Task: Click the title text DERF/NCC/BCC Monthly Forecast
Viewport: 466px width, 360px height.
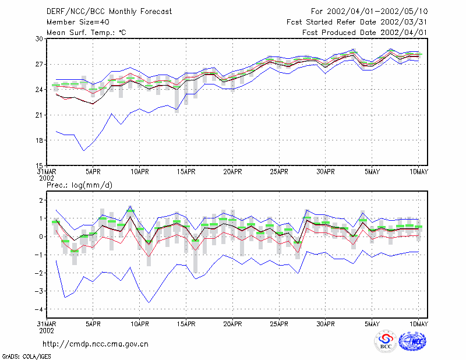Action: click(x=109, y=12)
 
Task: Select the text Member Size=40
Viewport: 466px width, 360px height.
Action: click(x=78, y=22)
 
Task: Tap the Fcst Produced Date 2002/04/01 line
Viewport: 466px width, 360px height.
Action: click(x=365, y=33)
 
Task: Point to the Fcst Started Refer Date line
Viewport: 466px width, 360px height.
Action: click(x=357, y=22)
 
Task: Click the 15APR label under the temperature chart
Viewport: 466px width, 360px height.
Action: click(x=186, y=172)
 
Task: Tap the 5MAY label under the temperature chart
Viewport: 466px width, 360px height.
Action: click(x=372, y=172)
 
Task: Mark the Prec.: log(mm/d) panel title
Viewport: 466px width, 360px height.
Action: click(x=79, y=185)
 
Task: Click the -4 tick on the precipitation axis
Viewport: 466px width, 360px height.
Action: click(x=39, y=309)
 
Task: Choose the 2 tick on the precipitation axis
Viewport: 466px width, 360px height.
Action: click(x=41, y=200)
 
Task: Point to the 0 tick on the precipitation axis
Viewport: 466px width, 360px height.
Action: click(x=41, y=237)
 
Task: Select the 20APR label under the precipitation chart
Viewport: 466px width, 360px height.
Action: click(x=232, y=324)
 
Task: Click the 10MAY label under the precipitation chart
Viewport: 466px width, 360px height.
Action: click(x=419, y=324)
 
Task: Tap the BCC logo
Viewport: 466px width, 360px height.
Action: click(x=386, y=341)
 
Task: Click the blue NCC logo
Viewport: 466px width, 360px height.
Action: click(x=412, y=341)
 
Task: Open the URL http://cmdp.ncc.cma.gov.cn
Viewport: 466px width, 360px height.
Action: click(x=96, y=344)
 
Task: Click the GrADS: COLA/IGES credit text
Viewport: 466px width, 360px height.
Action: click(x=26, y=357)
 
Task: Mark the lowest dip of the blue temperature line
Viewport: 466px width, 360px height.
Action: click(x=84, y=151)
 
